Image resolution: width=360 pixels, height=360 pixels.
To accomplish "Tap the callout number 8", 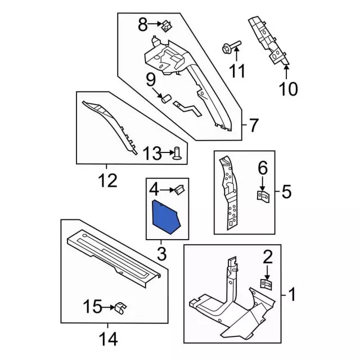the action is click(142, 25).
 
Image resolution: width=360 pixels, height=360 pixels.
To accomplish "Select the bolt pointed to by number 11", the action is click(231, 47).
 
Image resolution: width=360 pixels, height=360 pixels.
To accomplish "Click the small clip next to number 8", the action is click(167, 26).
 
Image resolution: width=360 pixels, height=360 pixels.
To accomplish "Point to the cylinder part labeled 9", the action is click(165, 99).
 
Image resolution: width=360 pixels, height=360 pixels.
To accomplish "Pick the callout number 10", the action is click(288, 89).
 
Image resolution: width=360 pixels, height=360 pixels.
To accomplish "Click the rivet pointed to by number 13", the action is click(177, 153).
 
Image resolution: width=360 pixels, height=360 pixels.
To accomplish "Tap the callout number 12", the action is click(107, 180).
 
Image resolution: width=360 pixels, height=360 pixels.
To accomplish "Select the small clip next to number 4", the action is click(179, 190).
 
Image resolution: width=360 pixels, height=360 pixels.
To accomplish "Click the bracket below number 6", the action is click(263, 197).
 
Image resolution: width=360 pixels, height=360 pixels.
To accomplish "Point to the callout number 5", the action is click(286, 192).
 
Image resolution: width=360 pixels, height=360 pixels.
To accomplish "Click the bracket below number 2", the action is click(266, 284).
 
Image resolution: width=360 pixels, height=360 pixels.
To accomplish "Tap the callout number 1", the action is click(292, 295).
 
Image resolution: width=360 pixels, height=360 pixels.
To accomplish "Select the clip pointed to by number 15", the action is click(121, 308).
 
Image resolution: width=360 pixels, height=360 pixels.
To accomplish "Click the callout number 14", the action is click(108, 339).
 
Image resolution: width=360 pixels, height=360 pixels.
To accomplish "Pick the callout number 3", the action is click(162, 254).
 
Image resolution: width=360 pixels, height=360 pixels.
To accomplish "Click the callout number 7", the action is click(253, 125).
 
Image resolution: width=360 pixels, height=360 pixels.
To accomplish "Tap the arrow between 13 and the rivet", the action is click(167, 152).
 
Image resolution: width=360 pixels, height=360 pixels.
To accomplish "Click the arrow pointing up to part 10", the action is click(286, 72).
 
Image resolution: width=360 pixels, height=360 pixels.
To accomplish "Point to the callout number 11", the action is click(237, 71).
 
